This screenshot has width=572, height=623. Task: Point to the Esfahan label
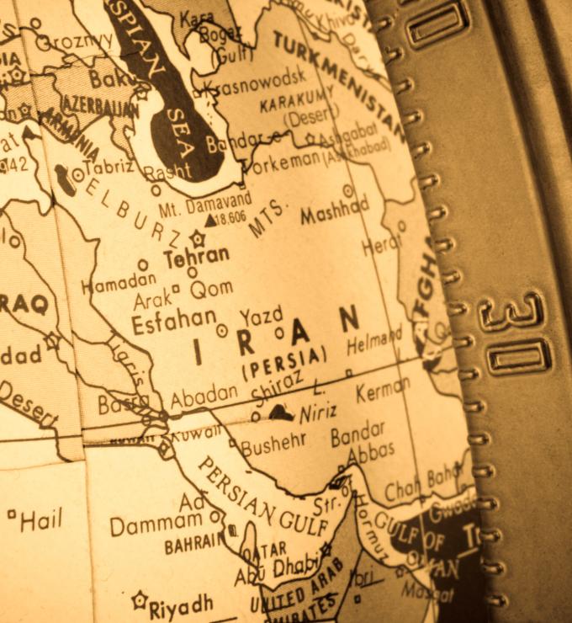(x=174, y=319)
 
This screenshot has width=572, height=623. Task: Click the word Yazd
(x=261, y=317)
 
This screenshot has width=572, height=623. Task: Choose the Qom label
(x=211, y=290)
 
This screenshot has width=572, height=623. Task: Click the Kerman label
(x=383, y=391)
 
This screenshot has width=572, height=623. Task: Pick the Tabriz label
(x=109, y=166)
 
